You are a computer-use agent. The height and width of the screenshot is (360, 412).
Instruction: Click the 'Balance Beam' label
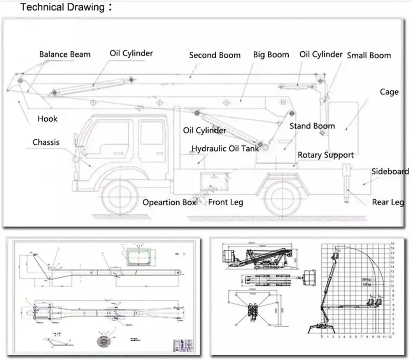65,54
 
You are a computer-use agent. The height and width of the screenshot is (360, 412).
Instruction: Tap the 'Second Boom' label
215,55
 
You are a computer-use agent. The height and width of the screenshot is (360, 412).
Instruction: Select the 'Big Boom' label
271,54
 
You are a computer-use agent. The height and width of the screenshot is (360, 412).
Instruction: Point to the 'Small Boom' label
369,55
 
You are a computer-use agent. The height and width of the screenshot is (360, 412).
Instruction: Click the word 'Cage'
389,92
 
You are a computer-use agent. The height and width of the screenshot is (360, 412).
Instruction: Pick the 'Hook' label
47,119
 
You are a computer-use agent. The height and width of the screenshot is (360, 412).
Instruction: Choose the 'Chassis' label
46,142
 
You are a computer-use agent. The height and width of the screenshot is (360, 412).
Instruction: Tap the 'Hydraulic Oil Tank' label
225,149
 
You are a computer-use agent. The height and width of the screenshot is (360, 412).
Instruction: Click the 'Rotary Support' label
326,155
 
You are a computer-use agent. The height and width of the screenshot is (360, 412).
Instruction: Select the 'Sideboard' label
390,171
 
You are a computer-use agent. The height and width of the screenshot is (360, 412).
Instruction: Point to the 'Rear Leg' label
387,202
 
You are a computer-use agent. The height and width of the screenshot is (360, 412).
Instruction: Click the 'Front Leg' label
226,202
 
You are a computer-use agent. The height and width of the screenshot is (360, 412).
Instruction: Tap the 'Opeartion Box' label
169,203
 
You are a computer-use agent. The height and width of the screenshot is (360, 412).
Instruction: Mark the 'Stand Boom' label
312,126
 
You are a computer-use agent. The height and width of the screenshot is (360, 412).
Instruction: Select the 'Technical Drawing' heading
62,7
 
